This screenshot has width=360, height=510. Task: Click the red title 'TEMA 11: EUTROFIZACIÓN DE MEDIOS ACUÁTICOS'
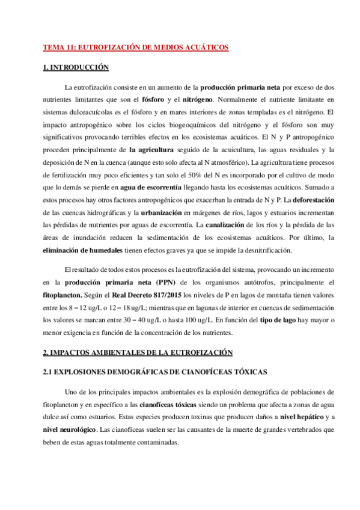click(135, 46)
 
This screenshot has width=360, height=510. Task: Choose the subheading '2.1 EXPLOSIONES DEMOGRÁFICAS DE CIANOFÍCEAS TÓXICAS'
click(156, 373)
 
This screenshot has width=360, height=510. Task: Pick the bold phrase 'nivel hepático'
click(301, 417)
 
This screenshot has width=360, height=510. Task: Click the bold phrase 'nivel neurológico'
click(70, 429)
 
